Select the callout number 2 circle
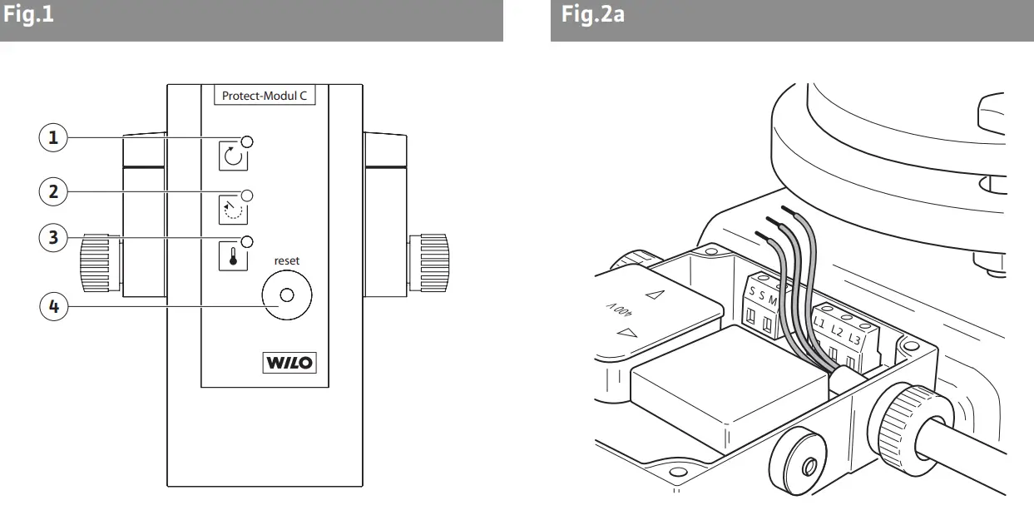(x=54, y=191)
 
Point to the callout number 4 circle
(x=54, y=305)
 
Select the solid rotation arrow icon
(x=233, y=156)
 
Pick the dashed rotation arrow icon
(x=233, y=209)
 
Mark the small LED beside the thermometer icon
(x=246, y=241)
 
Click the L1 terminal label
(x=819, y=320)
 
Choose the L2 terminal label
(x=837, y=331)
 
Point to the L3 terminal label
(x=854, y=341)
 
